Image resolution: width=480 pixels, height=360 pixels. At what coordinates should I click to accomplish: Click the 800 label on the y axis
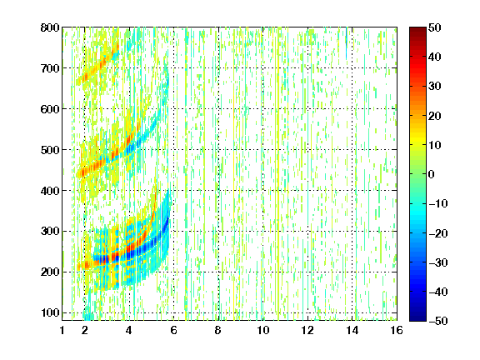[x=50, y=27]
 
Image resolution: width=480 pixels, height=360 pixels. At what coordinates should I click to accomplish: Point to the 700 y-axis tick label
[x=50, y=68]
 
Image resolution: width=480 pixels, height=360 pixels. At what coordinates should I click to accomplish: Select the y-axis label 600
[x=50, y=109]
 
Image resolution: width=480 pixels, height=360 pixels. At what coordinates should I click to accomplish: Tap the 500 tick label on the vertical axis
[x=50, y=150]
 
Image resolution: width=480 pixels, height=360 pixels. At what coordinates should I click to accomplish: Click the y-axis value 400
[x=50, y=191]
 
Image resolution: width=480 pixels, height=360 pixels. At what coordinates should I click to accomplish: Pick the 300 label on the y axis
[x=50, y=232]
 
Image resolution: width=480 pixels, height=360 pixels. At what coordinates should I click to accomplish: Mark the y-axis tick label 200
[x=50, y=272]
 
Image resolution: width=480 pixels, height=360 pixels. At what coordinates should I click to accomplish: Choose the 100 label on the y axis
[x=50, y=312]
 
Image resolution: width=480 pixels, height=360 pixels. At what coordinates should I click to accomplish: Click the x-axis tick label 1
[x=62, y=330]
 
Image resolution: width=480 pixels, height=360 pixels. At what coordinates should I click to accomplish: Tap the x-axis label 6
[x=173, y=330]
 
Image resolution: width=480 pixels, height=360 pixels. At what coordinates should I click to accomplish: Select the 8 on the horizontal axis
[x=218, y=330]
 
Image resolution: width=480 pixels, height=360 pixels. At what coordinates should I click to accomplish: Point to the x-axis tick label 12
[x=307, y=330]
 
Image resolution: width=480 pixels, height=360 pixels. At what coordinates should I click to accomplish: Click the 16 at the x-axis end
[x=397, y=330]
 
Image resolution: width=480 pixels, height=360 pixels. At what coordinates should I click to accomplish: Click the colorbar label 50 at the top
[x=434, y=27]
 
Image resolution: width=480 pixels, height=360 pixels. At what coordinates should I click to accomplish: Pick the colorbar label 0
[x=432, y=174]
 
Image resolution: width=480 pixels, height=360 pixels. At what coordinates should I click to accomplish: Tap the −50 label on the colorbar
[x=438, y=321]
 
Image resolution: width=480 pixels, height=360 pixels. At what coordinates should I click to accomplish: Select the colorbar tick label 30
[x=434, y=87]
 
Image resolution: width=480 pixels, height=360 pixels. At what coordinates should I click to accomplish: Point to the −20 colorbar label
[x=438, y=233]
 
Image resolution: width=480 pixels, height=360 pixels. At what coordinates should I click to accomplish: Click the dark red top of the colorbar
[x=417, y=30]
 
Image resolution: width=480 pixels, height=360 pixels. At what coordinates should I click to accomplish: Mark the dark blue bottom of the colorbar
[x=417, y=317]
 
